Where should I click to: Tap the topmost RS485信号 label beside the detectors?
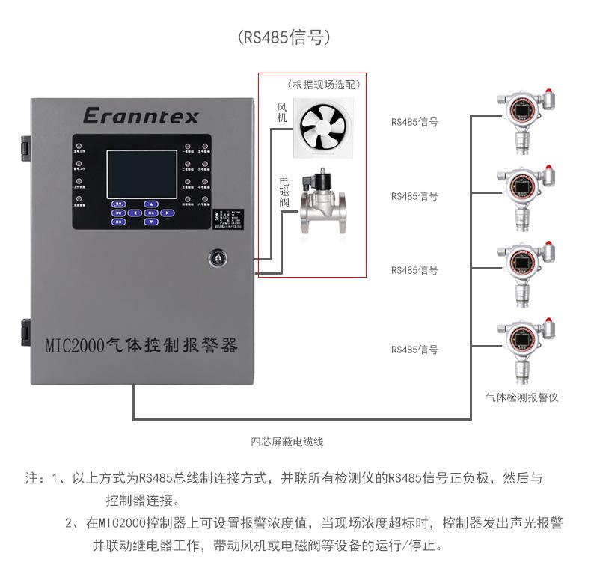coord(414,120)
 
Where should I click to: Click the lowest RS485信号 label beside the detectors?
coord(414,350)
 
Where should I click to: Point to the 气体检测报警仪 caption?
coord(521,397)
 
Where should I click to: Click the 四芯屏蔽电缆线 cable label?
coord(287,442)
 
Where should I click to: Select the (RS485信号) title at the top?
coord(284,37)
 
